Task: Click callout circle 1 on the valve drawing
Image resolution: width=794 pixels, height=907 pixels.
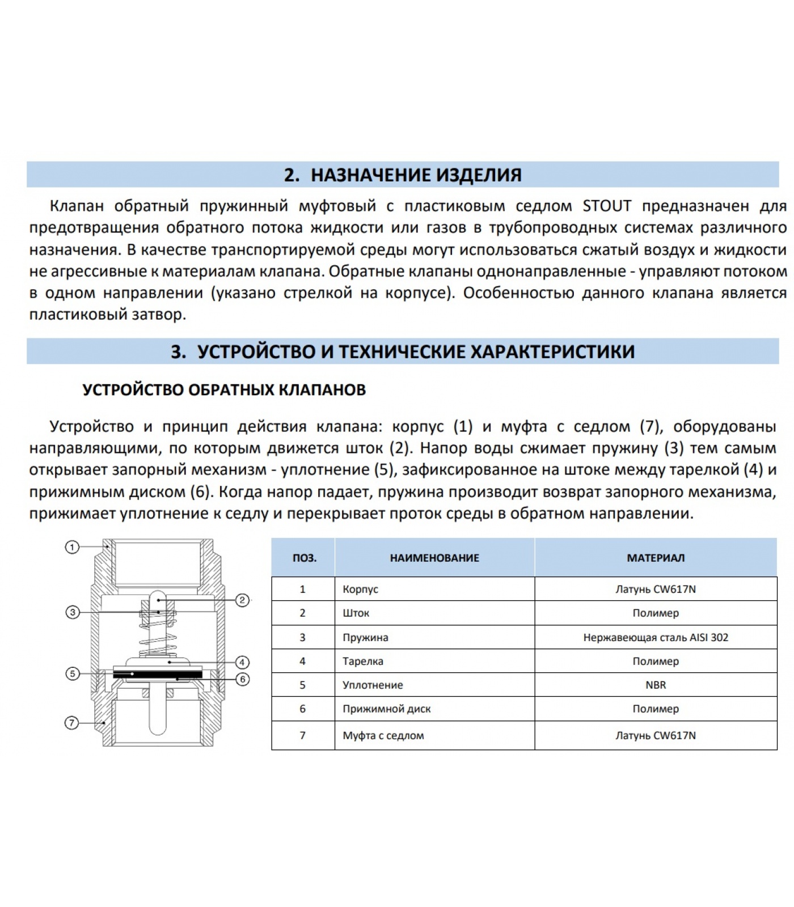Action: point(72,547)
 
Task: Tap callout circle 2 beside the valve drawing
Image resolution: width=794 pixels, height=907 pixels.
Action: point(242,600)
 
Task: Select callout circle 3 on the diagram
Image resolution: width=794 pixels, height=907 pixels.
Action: point(72,612)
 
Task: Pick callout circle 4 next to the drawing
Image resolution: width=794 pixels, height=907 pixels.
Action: point(242,662)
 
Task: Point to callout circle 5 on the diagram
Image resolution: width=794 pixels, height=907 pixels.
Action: point(72,674)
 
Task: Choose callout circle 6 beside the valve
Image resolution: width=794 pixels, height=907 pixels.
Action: point(242,679)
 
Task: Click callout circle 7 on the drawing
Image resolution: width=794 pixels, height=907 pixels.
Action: point(72,723)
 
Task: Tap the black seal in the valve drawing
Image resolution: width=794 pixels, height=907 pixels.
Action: point(157,674)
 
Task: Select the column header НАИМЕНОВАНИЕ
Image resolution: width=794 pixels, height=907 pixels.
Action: point(434,558)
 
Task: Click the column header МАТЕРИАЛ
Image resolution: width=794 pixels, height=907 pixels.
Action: point(656,558)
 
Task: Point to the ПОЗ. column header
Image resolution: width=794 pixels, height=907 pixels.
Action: point(304,558)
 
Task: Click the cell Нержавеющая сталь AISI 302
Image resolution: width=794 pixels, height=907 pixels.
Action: point(656,637)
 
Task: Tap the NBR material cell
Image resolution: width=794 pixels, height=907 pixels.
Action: point(656,685)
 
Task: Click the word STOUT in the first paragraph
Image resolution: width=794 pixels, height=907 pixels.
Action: point(607,206)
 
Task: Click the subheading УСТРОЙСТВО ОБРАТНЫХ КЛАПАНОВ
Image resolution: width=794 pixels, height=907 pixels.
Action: point(224,390)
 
